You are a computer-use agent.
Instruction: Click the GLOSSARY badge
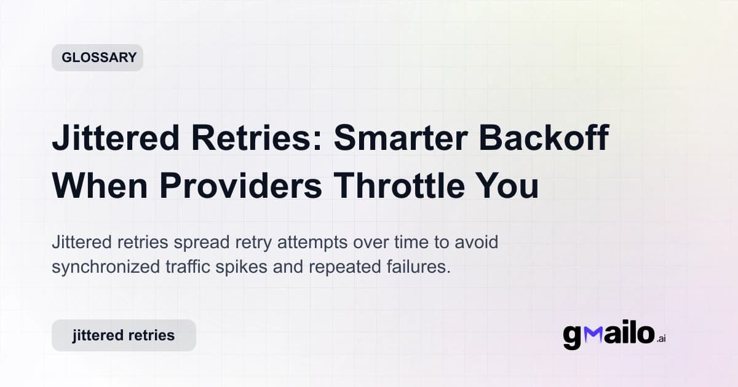tap(97, 58)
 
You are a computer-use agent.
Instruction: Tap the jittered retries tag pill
tap(124, 335)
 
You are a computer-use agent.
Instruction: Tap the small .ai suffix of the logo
tap(661, 338)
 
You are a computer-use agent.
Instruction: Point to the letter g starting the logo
tap(573, 337)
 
